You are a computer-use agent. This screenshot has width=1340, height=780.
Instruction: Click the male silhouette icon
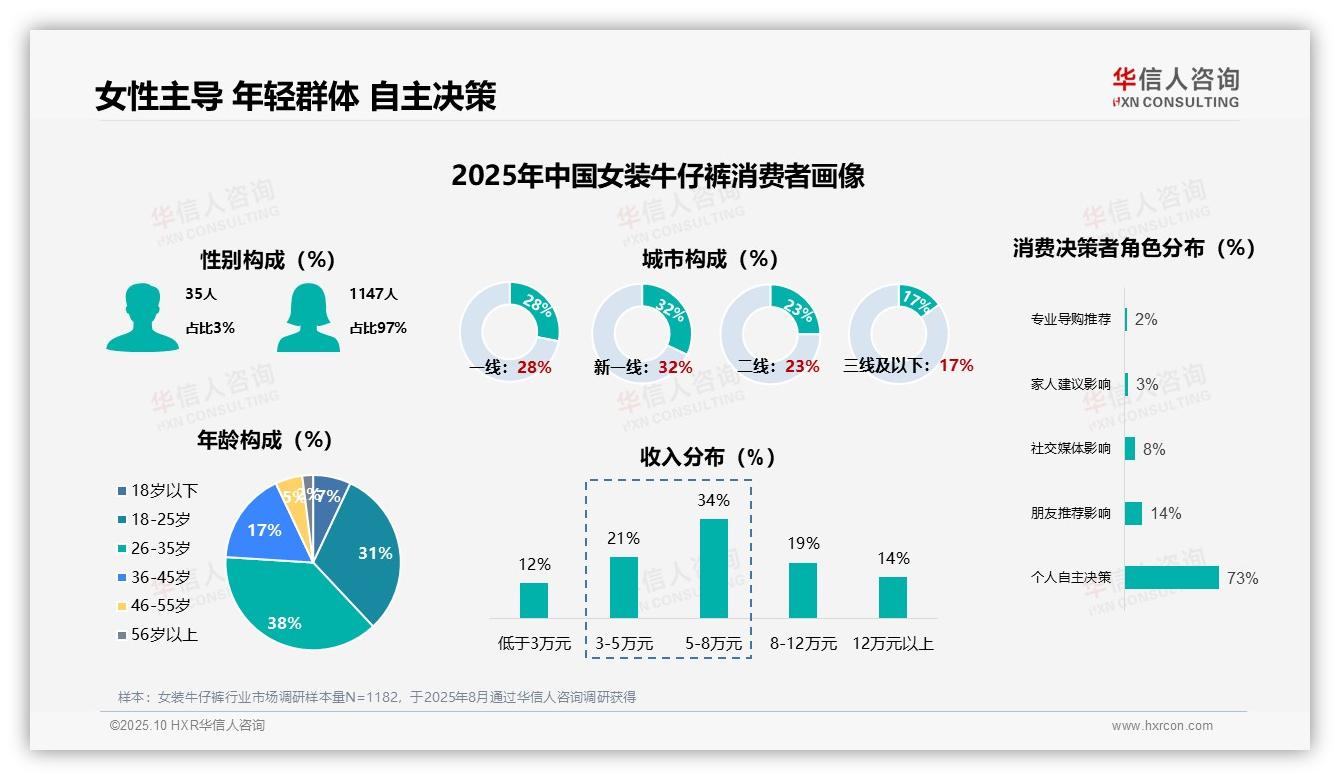pyautogui.click(x=142, y=317)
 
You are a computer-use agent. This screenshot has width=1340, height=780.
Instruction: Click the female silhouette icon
pyautogui.click(x=308, y=317)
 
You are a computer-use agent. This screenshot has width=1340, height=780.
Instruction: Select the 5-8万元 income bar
pyautogui.click(x=713, y=568)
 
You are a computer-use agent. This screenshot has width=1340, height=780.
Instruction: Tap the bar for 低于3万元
pyautogui.click(x=534, y=600)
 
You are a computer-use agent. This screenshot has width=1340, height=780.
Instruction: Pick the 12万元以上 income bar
pyautogui.click(x=892, y=597)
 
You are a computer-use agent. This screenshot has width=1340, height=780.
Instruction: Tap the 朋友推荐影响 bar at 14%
pyautogui.click(x=1133, y=513)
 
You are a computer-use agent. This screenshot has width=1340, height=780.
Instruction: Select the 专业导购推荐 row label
pyautogui.click(x=1070, y=320)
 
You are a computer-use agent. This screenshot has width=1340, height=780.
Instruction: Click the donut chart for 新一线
pyautogui.click(x=641, y=333)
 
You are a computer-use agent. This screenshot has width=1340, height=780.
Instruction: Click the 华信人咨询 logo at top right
pyautogui.click(x=1175, y=87)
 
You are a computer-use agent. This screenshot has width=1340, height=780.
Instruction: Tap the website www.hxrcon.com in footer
pyautogui.click(x=1161, y=726)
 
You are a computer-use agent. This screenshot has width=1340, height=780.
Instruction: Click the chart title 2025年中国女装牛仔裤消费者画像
pyautogui.click(x=657, y=176)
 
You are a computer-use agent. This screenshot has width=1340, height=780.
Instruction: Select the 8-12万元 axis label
pyautogui.click(x=803, y=644)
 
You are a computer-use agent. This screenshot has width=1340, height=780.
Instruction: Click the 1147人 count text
pyautogui.click(x=373, y=294)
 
